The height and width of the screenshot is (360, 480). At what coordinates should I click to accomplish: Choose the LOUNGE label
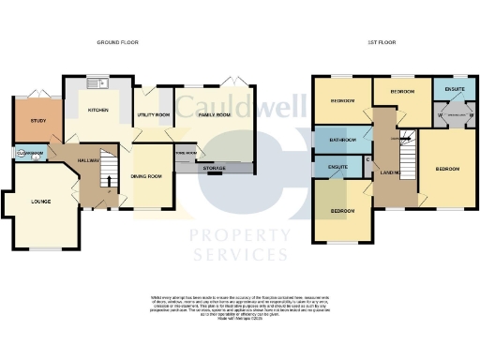pyautogui.click(x=40, y=202)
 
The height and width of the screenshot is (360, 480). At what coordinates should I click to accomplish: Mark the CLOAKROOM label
pyautogui.click(x=29, y=153)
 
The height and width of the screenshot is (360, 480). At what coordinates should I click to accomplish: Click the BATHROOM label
pyautogui.click(x=341, y=140)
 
